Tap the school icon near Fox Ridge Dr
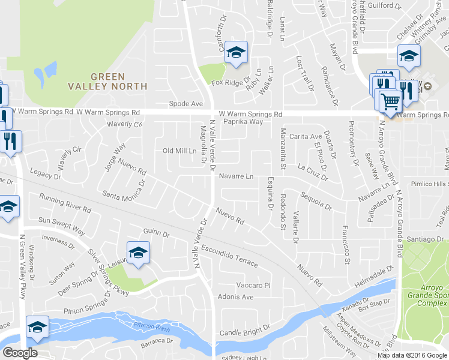(x=236, y=53)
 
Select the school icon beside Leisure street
(x=138, y=253)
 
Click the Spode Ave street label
(x=185, y=104)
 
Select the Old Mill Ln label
(x=180, y=151)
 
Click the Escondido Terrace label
(x=229, y=255)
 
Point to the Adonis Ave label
(x=235, y=297)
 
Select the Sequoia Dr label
(x=316, y=201)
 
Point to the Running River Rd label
(x=64, y=203)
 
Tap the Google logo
(x=20, y=353)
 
